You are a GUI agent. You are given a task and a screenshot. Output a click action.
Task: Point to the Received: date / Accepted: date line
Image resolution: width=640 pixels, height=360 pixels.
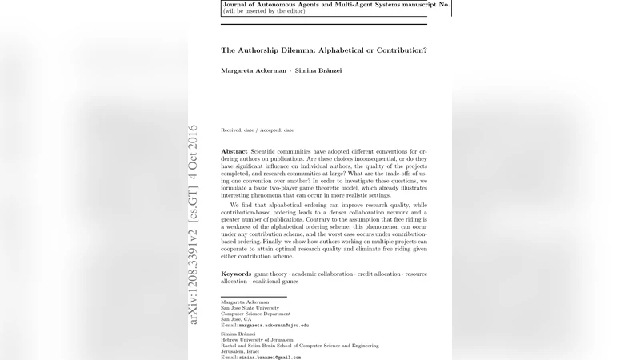tap(257, 130)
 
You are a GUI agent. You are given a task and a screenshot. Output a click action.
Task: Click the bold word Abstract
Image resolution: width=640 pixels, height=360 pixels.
tap(234, 151)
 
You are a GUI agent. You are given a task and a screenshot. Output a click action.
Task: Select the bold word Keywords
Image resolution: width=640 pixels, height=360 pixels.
tap(236, 274)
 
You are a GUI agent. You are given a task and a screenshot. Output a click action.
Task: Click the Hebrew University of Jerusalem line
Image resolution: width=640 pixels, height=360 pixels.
tap(253, 340)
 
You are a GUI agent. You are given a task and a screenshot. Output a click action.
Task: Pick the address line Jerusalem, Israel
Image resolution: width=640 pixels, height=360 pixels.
tap(241, 352)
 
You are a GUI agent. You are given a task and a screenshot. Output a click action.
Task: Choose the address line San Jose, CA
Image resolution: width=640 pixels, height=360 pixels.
tap(236, 320)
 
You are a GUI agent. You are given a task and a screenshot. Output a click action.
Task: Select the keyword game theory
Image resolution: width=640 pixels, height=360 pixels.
tap(265, 274)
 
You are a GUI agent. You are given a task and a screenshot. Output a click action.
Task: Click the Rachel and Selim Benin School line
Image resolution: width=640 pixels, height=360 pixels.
tap(299, 346)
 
